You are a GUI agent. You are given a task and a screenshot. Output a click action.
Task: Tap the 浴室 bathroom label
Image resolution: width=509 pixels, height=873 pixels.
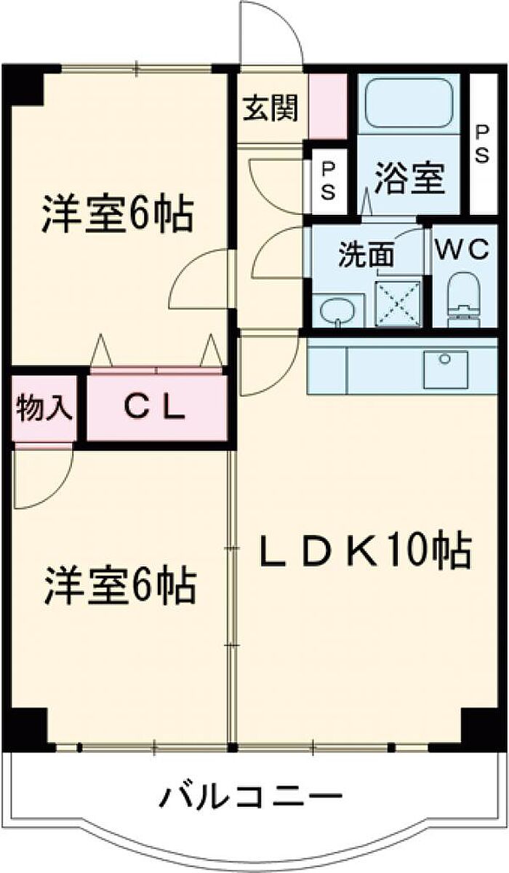(409, 179)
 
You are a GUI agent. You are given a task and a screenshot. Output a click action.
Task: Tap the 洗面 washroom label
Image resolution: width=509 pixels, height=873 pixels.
(366, 256)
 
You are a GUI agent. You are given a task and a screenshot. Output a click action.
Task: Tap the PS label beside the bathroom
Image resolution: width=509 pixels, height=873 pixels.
(482, 143)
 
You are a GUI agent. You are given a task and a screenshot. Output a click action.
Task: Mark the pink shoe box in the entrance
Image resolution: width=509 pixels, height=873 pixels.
(328, 106)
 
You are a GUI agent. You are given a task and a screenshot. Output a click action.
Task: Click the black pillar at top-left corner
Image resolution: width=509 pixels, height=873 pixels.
(25, 85)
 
